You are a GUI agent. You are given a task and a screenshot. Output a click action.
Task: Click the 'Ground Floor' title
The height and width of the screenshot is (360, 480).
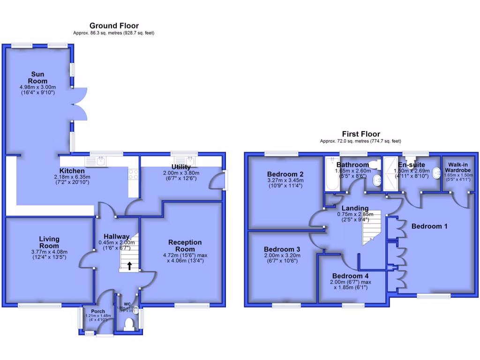coord(114,25)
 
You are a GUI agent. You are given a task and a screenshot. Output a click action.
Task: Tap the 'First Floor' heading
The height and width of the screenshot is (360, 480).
coord(360,134)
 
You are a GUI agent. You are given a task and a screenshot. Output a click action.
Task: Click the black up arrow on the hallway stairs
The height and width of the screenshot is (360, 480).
coord(129,266)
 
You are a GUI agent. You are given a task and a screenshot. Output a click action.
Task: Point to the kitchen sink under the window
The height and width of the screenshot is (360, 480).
coord(100,161)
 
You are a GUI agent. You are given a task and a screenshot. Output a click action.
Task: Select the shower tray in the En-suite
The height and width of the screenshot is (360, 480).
coord(390,174)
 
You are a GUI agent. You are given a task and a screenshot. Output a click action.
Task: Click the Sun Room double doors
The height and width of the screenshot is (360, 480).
coord(80,104)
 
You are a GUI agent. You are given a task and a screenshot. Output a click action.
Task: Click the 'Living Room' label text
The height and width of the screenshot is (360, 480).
coord(49,243)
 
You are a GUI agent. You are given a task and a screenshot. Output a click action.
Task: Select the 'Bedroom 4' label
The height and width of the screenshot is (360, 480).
coord(348,276)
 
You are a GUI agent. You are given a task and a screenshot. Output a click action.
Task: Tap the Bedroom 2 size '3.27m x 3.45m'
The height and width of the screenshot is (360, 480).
coord(285,180)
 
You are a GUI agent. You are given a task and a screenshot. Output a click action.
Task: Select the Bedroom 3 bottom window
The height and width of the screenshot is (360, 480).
coord(286,306)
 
